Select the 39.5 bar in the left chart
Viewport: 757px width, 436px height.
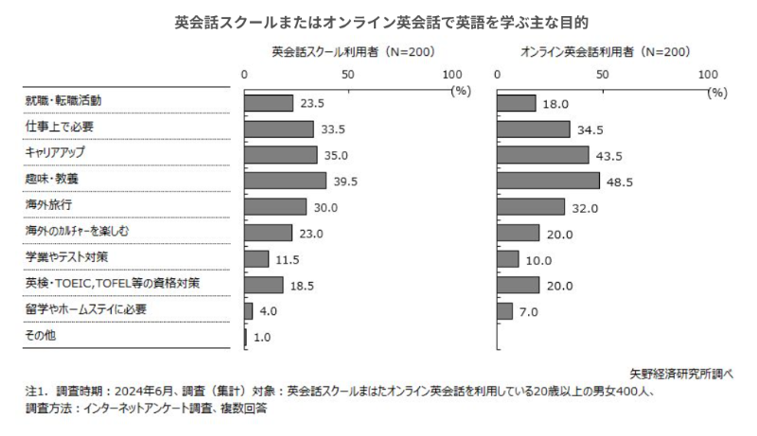285,180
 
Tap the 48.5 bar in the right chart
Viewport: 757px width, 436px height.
549,180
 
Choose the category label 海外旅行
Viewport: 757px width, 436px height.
47,204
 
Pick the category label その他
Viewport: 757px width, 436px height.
42,336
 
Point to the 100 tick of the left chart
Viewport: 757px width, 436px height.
452,74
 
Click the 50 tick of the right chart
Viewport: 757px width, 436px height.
602,74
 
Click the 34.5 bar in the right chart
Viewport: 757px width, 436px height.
534,129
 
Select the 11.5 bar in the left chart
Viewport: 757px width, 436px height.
256,258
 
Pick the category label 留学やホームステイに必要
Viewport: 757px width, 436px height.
85,309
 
